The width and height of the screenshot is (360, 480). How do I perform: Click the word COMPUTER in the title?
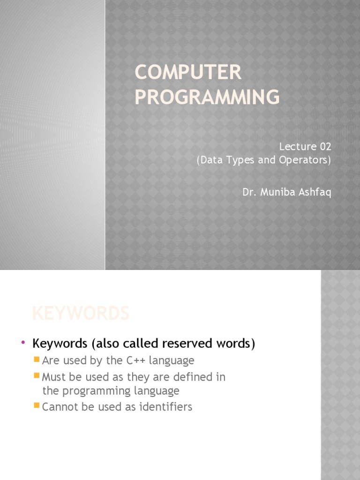pos(188,73)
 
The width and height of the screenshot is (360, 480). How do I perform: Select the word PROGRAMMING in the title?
pos(207,97)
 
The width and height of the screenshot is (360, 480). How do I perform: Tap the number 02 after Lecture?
pos(325,147)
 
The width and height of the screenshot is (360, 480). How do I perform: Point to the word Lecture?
pos(298,147)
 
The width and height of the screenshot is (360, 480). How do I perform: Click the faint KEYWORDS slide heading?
pos(81,314)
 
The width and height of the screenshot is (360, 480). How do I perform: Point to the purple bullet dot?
pos(22,343)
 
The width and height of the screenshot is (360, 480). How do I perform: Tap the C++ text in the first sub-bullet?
pos(124,361)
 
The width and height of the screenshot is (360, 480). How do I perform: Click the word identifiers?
pos(166,407)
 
